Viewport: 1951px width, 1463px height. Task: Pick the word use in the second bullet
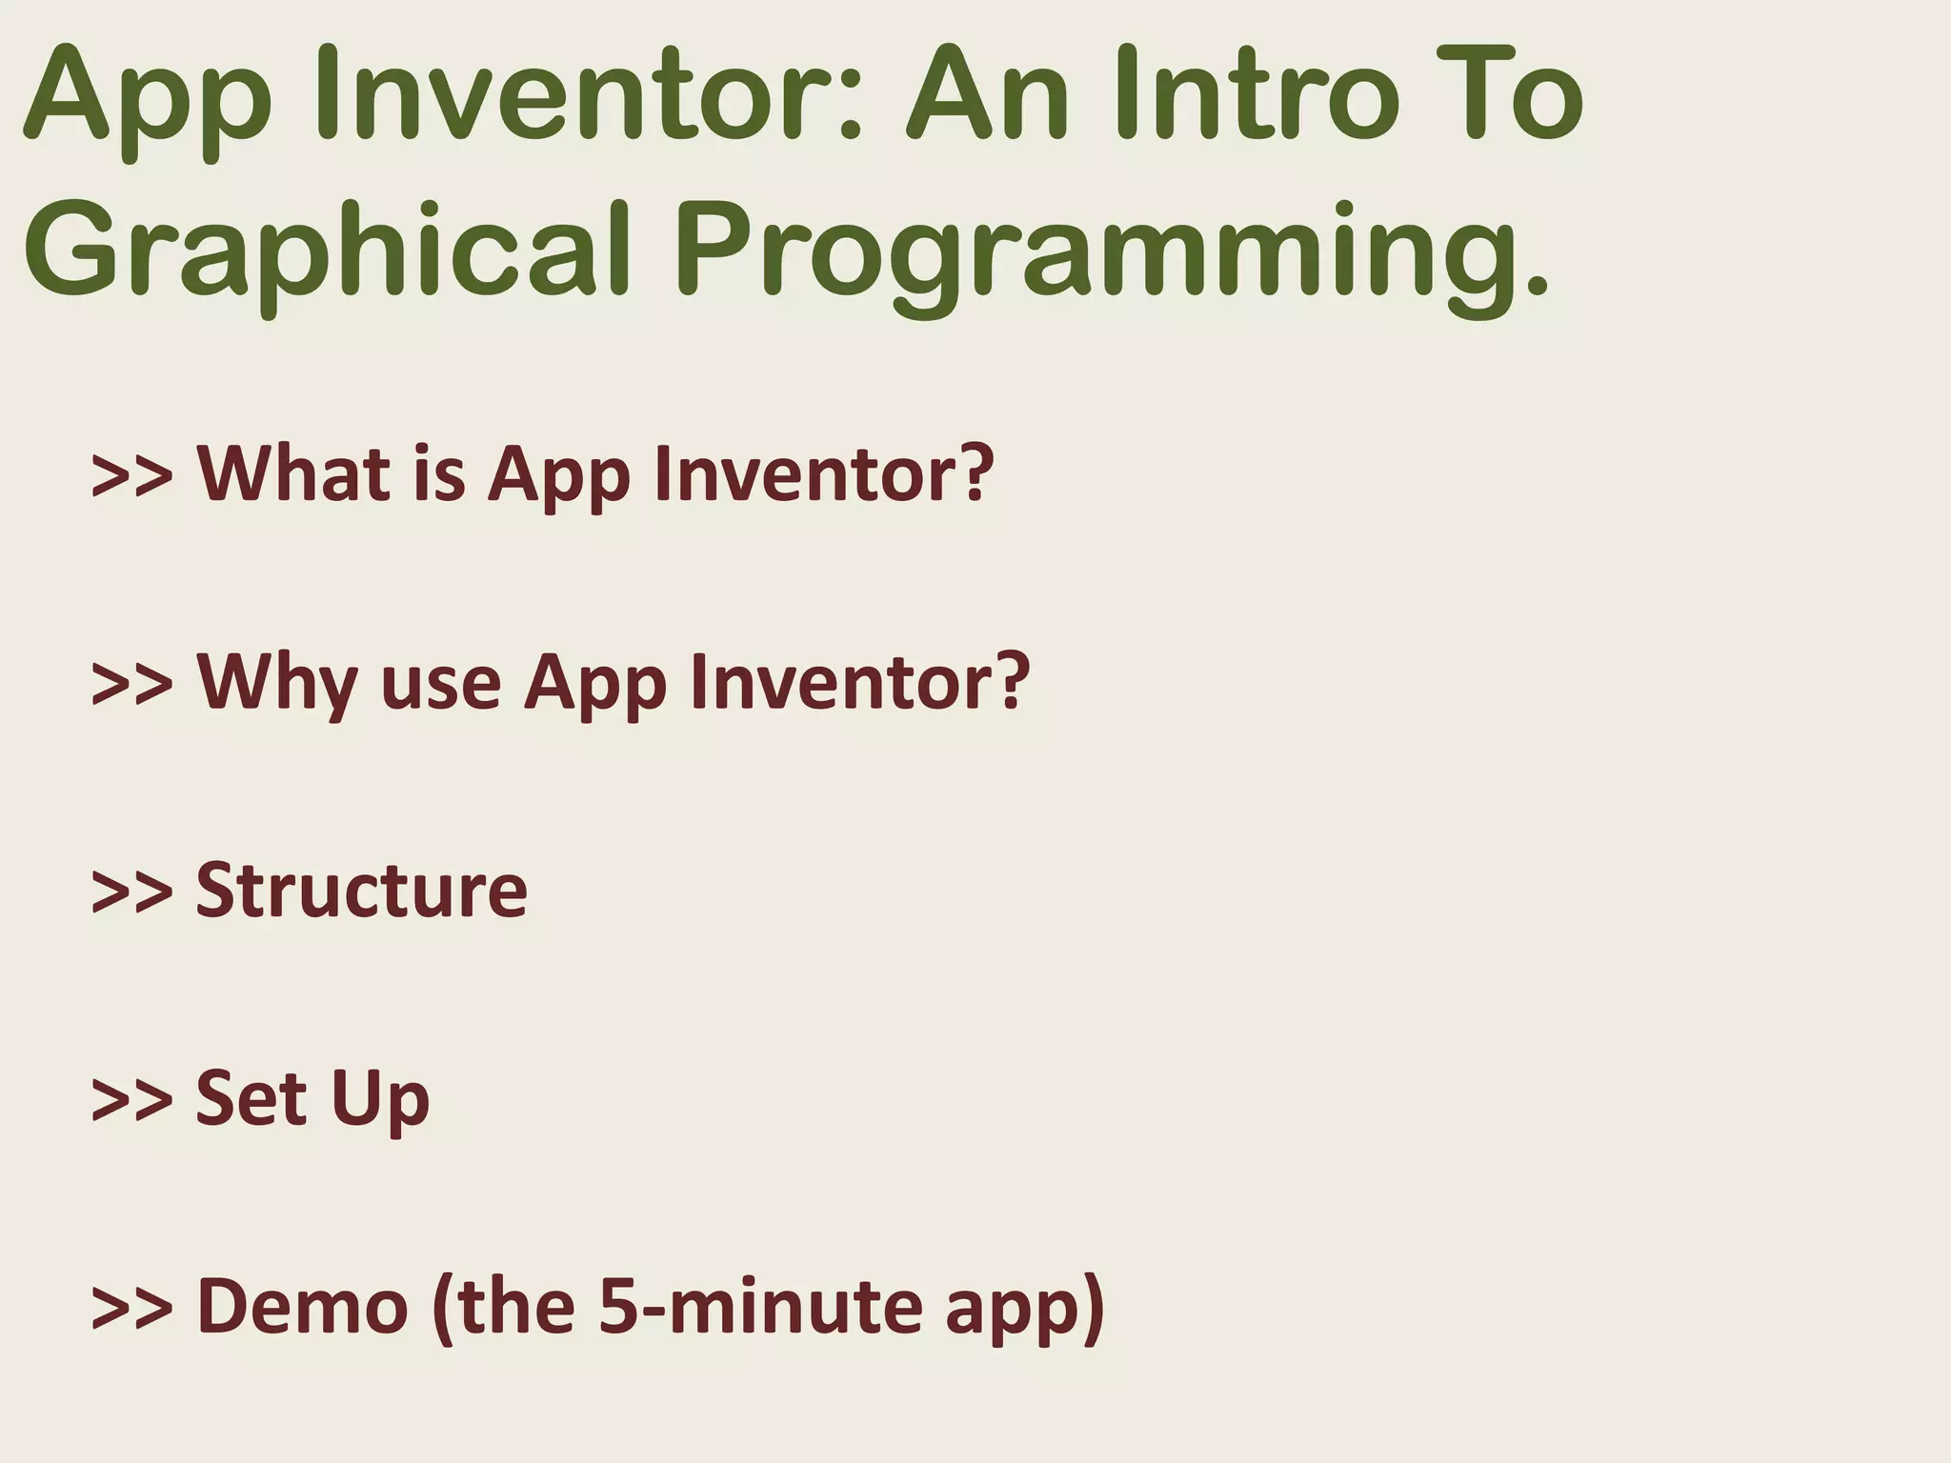(x=440, y=684)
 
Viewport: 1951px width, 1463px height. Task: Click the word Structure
(x=361, y=890)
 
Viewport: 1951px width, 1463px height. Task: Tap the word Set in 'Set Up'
(x=251, y=1097)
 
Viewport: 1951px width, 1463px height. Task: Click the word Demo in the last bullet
(x=302, y=1307)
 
